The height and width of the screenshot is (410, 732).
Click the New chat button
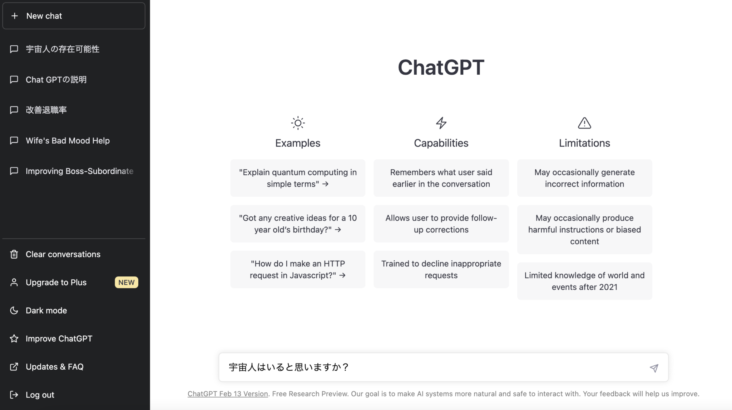(74, 16)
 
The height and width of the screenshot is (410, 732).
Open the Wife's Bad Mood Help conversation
(68, 141)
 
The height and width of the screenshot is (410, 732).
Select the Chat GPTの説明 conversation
(56, 80)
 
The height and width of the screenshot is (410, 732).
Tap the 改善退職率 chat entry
(46, 110)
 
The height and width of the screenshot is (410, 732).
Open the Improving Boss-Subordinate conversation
(79, 171)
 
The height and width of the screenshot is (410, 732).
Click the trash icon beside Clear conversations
(14, 254)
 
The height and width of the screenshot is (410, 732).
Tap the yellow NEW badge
(126, 282)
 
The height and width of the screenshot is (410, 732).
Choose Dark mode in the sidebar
(46, 311)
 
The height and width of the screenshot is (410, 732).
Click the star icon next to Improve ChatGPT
(14, 339)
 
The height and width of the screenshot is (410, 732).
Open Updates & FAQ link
(54, 367)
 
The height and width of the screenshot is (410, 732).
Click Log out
(40, 395)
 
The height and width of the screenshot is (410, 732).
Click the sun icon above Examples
(298, 123)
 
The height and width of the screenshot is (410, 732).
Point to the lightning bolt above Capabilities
(441, 123)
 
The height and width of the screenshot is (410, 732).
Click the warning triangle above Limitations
(584, 123)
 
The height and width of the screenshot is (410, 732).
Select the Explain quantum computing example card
(298, 178)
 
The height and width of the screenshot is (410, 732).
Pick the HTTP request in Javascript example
(298, 269)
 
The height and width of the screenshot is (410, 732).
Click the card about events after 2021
(584, 281)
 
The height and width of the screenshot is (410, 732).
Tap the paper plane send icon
(654, 368)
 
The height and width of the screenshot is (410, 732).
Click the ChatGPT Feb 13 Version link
(228, 394)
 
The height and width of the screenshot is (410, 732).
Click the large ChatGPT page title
(441, 67)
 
